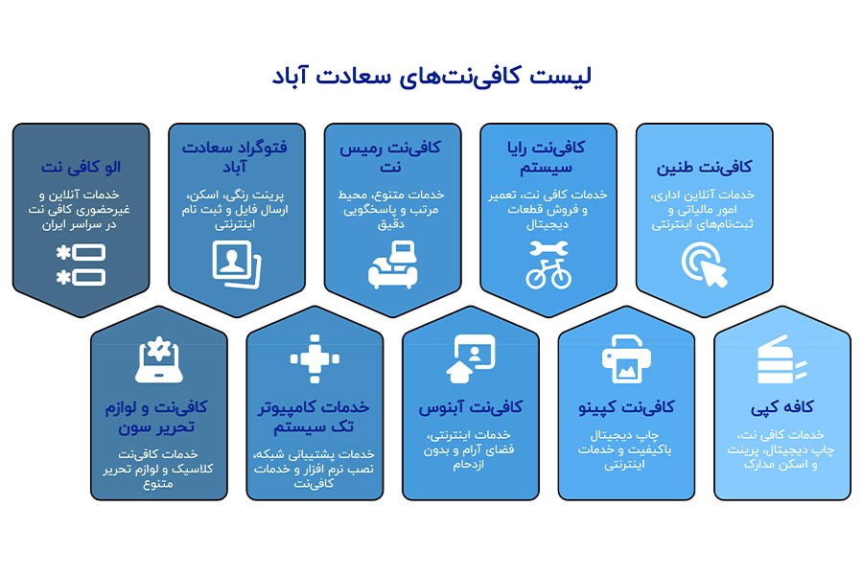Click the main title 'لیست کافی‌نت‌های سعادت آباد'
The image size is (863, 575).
[431, 78]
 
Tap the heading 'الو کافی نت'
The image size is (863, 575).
[81, 167]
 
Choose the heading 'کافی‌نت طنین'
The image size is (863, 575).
[704, 167]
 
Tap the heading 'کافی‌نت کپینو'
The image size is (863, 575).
[626, 407]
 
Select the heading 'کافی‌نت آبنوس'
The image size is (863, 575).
[470, 407]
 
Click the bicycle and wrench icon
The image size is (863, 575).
[548, 264]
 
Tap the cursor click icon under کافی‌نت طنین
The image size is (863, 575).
[704, 264]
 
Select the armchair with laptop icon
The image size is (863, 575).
[392, 264]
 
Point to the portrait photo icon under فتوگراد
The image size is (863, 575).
[237, 264]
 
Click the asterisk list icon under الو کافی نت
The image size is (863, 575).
[81, 264]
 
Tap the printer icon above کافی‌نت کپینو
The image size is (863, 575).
[626, 359]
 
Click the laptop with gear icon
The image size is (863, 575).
[159, 359]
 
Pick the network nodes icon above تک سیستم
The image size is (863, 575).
[315, 359]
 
